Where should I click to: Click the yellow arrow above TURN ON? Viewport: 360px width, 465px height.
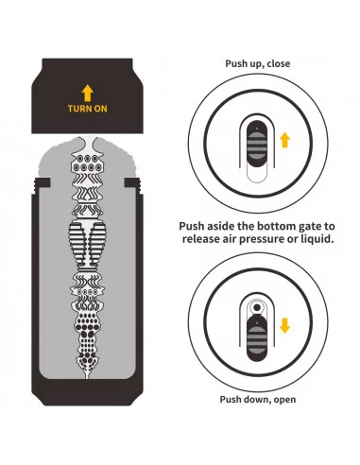(88, 93)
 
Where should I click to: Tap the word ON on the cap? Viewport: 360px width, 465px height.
(101, 109)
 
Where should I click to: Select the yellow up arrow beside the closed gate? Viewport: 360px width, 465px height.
(284, 140)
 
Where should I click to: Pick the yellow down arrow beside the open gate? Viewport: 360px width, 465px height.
(284, 325)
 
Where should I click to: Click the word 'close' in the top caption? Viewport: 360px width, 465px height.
(278, 63)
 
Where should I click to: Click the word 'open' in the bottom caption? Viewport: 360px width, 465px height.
(284, 400)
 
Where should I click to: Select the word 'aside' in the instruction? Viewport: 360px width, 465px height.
(219, 226)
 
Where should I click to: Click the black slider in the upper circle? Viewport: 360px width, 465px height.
(257, 144)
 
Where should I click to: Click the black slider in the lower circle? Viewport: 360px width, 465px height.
(257, 337)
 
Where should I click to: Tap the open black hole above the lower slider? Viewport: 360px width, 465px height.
(257, 307)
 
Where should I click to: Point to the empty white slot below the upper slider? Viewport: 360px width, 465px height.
(257, 175)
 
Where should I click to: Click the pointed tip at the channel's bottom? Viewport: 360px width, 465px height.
(87, 376)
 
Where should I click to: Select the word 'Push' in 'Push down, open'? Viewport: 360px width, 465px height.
(231, 399)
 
